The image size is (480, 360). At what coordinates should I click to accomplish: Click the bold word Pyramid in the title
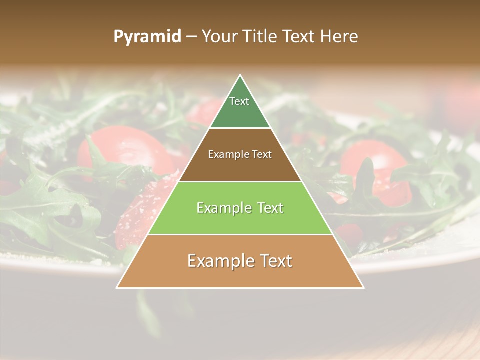click(x=147, y=37)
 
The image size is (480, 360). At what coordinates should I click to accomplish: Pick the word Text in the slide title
click(x=300, y=37)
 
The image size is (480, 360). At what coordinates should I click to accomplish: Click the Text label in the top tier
click(x=239, y=101)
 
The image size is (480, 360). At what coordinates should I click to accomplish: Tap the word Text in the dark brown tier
click(x=262, y=155)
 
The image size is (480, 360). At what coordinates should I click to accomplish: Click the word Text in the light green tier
click(x=270, y=208)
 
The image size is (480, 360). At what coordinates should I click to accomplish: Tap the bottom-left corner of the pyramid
click(x=117, y=287)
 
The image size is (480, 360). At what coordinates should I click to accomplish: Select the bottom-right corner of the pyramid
click(x=363, y=287)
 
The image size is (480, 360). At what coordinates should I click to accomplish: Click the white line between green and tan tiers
click(x=240, y=234)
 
